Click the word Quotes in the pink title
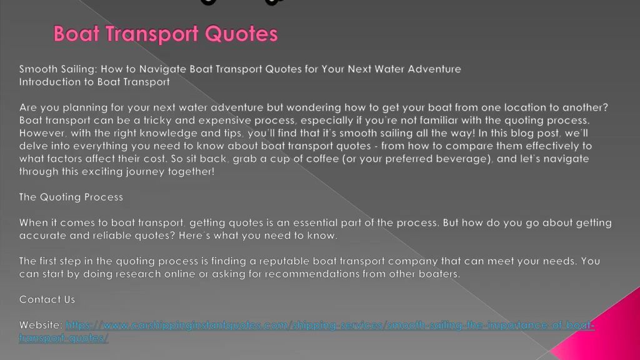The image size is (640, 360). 241,34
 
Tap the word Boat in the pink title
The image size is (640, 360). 76,34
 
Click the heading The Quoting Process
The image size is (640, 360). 71,197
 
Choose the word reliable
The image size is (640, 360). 112,236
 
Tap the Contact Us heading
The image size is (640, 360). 47,299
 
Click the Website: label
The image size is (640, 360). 41,325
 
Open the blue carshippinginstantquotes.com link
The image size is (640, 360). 306,325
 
